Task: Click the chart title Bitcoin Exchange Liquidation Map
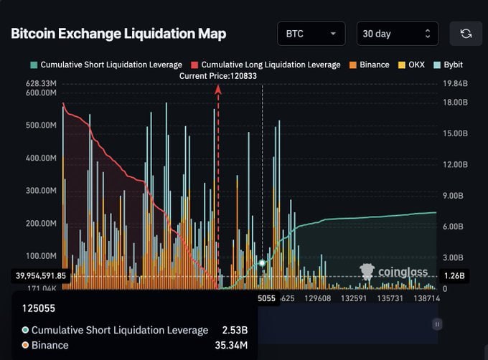coord(118,34)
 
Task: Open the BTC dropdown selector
coord(311,34)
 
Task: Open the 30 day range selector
coord(397,34)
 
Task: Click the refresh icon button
coord(466,34)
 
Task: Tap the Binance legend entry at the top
coord(369,65)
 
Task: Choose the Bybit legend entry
coord(448,65)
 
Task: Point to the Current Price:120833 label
coord(218,75)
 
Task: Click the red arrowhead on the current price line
coord(218,88)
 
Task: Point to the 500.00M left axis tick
coord(41,125)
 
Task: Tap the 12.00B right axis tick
coord(454,164)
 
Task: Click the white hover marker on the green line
coord(263,263)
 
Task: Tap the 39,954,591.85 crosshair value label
coord(40,275)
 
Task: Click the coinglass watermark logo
coord(395,272)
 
